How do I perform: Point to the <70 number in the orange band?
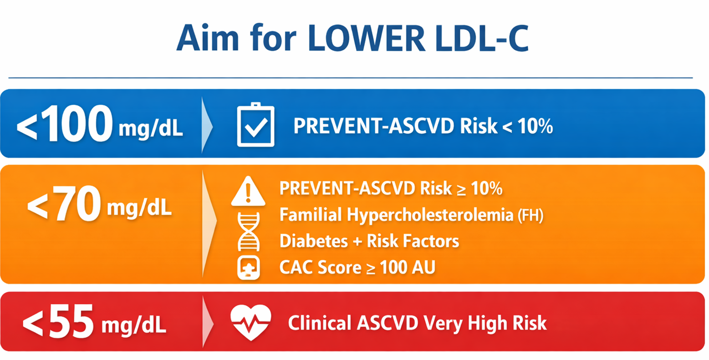coord(64,205)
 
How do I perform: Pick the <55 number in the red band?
coord(58,323)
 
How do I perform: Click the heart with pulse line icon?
coord(250,322)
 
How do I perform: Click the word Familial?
coord(310,215)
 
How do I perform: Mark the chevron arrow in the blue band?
coord(207,125)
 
